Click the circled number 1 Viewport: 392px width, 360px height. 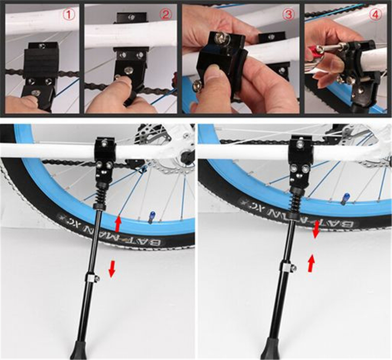68,15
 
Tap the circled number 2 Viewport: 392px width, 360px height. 166,15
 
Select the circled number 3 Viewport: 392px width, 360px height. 288,15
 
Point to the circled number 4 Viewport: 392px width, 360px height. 375,15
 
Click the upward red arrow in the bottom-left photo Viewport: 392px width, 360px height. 118,224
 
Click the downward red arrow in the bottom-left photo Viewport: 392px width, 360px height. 112,269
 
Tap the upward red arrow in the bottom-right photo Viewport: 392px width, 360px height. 311,263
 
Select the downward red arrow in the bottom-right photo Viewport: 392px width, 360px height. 316,229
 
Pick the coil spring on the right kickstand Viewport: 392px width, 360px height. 295,204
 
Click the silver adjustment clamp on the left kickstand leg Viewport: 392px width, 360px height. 93,279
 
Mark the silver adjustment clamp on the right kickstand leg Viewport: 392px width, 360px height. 288,268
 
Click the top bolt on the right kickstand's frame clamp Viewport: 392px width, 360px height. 300,144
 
